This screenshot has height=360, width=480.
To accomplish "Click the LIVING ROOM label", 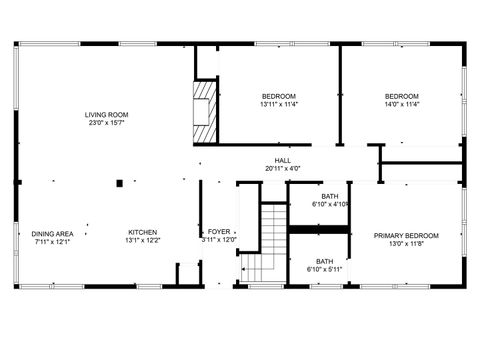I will click(x=106, y=115).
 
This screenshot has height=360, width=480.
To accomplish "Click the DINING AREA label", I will click(x=52, y=234).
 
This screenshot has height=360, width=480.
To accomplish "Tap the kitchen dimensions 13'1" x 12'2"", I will click(x=142, y=241).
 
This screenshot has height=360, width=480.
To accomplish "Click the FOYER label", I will click(x=218, y=232).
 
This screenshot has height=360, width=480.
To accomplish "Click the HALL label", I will click(x=283, y=160).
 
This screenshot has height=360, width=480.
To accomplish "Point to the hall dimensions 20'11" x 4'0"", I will click(x=283, y=169).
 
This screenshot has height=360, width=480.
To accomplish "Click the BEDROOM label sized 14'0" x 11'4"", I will click(x=402, y=95).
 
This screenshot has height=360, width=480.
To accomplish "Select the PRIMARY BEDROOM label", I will click(x=406, y=235).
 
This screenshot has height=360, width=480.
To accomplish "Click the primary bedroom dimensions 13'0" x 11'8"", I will click(x=406, y=243).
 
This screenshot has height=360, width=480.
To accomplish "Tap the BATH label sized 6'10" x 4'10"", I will click(x=330, y=196).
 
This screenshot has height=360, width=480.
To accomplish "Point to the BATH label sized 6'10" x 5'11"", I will click(x=325, y=261).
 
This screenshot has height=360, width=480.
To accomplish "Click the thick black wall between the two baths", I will click(x=319, y=229).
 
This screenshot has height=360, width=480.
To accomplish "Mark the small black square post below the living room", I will click(x=120, y=183).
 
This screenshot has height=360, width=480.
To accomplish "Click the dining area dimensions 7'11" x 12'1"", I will click(x=52, y=242).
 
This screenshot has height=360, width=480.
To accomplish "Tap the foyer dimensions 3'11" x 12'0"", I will click(x=218, y=240).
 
